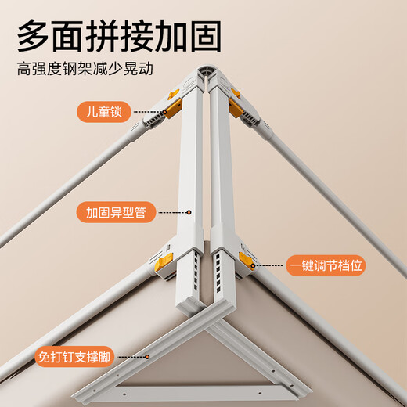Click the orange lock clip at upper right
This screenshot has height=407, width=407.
click(236, 98)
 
